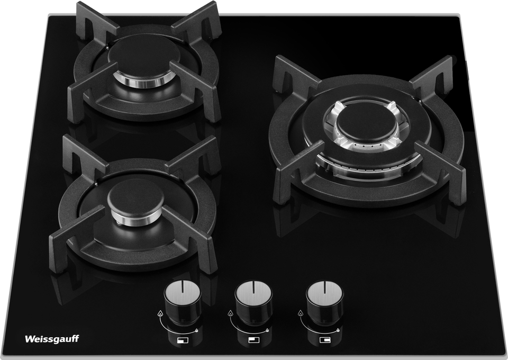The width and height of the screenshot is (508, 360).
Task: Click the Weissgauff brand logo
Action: (x=52, y=339)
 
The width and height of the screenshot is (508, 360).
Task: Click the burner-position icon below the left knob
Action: (x=182, y=340)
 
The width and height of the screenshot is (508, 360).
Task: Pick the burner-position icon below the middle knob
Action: (x=253, y=340)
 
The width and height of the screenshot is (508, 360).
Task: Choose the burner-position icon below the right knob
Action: (x=324, y=340)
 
